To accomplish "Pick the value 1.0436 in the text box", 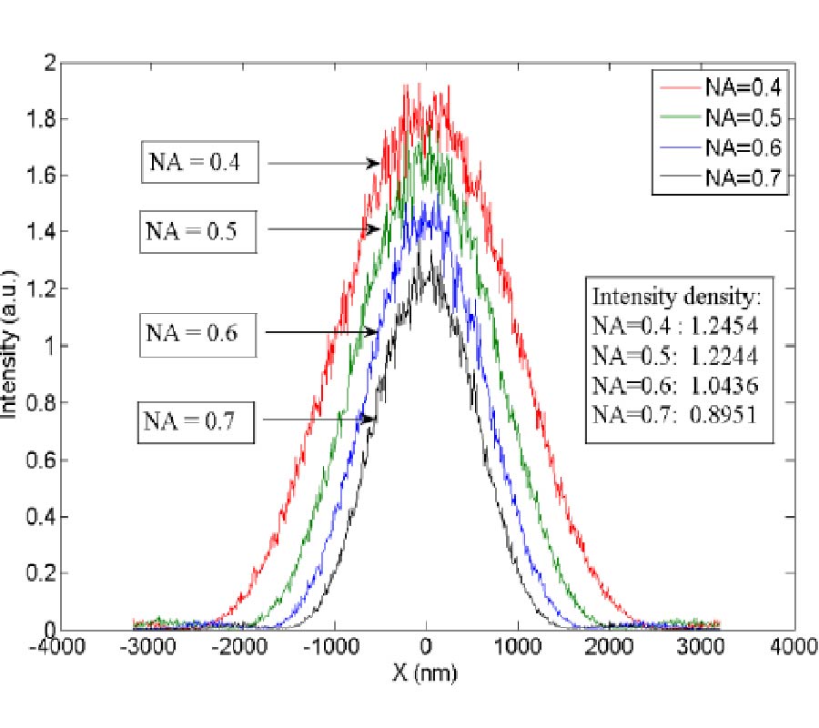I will (x=721, y=384).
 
